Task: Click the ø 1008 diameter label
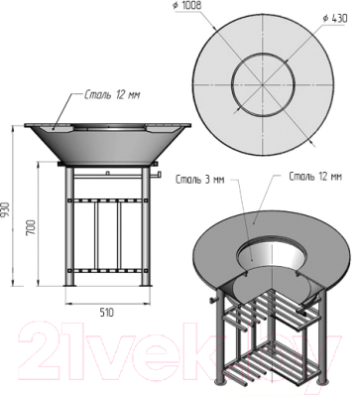(187, 5)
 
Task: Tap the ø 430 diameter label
(335, 18)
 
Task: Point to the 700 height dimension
(31, 226)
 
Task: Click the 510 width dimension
(107, 313)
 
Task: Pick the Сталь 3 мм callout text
(200, 180)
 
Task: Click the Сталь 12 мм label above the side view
(112, 95)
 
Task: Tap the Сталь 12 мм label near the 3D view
(315, 177)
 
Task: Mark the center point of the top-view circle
(263, 85)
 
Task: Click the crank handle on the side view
(156, 175)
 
